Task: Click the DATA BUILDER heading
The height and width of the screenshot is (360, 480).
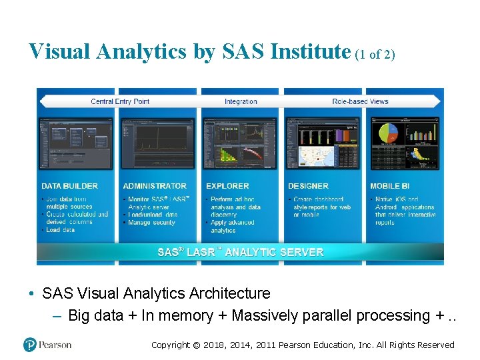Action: click(69, 186)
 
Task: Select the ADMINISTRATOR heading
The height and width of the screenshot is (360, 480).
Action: click(155, 186)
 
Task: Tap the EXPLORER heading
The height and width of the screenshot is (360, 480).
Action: click(227, 186)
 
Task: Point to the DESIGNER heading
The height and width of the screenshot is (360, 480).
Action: click(308, 186)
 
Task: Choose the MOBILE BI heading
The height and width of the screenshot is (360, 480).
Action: click(389, 186)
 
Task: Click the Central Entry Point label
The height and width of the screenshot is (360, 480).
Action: click(120, 101)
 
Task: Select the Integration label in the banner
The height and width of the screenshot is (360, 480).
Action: click(241, 101)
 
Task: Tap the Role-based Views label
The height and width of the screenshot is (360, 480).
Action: click(360, 101)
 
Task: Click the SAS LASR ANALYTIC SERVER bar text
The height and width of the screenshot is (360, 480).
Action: click(240, 252)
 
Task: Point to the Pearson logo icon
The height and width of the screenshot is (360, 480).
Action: click(29, 345)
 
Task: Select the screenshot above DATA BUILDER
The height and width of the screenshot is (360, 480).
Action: click(77, 143)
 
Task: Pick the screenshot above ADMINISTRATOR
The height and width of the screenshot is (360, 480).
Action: click(159, 143)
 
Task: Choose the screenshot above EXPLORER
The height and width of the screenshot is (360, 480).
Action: click(241, 143)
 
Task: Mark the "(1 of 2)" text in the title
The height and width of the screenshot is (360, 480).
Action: click(375, 55)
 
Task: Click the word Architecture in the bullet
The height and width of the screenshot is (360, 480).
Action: click(230, 293)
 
